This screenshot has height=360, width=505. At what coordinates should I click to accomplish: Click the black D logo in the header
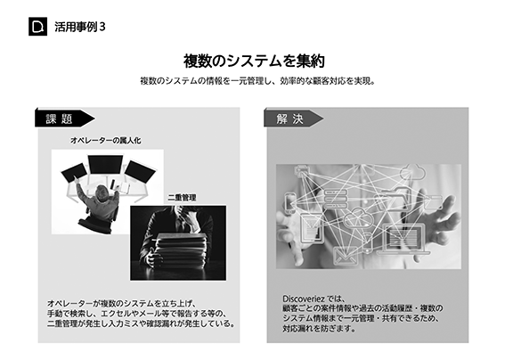tap(37, 27)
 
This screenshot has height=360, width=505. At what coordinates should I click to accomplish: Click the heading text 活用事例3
tap(80, 27)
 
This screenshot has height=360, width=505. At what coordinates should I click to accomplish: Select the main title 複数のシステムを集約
tap(254, 61)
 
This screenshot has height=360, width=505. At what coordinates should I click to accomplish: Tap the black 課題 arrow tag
tap(64, 119)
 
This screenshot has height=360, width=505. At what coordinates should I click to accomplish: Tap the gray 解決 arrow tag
tap(293, 119)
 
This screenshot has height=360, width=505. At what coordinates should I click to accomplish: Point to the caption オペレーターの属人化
tap(106, 141)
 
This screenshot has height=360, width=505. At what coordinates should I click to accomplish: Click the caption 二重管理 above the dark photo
tap(182, 198)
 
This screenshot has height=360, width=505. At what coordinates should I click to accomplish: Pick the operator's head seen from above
tap(102, 192)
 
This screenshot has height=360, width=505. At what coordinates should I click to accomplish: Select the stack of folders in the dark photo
tap(180, 249)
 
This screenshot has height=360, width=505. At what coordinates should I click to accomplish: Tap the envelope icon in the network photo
tap(345, 255)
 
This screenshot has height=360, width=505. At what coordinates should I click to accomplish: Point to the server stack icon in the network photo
tap(335, 199)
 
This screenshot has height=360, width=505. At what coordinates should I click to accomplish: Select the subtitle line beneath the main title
tap(258, 81)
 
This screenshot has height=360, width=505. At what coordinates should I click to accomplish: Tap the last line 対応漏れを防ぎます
tap(319, 329)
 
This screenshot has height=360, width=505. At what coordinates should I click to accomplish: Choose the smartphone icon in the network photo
tap(290, 203)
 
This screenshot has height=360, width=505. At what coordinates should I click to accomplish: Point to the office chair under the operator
tap(96, 221)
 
